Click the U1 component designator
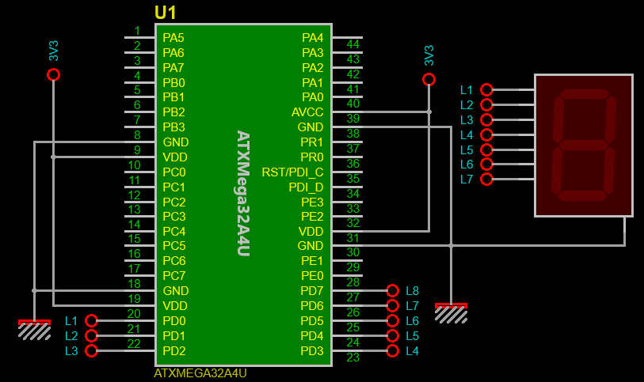click(x=165, y=13)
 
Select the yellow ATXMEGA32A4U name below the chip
click(x=200, y=373)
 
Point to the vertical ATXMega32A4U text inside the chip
click(x=243, y=193)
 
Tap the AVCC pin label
click(x=307, y=112)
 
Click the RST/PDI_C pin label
click(x=292, y=172)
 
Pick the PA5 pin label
click(x=173, y=38)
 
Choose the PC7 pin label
click(x=174, y=276)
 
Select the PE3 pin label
click(x=312, y=202)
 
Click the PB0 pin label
click(x=173, y=83)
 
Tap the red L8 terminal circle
click(x=393, y=290)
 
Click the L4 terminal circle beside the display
click(x=486, y=134)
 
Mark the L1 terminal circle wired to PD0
click(x=91, y=320)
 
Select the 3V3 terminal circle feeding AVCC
click(x=429, y=79)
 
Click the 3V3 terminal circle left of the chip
click(x=53, y=75)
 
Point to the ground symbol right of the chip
click(x=451, y=313)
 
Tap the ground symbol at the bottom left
click(x=35, y=330)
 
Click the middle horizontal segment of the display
click(x=583, y=146)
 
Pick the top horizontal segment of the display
click(x=585, y=94)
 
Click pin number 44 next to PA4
click(x=352, y=44)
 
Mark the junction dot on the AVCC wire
click(x=429, y=112)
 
